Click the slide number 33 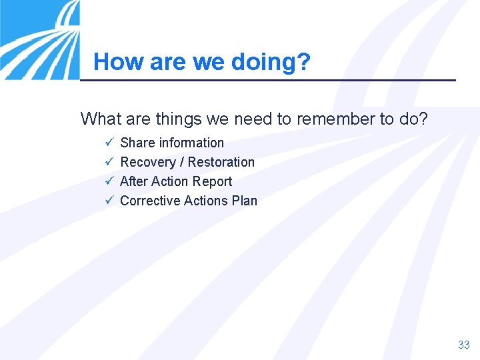[x=463, y=345]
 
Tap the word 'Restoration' [x=221, y=162]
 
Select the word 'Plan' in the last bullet [x=244, y=201]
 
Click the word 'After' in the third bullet [x=134, y=181]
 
